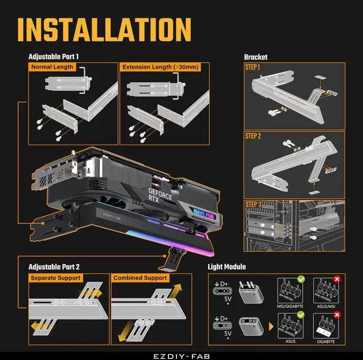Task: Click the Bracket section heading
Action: tap(255, 57)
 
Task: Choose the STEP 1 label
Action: tap(253, 67)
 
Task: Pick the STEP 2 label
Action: tap(253, 136)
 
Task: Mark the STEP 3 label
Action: tap(253, 204)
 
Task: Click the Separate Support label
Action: tap(56, 278)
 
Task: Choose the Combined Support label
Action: tap(140, 278)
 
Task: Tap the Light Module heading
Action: tap(227, 266)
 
